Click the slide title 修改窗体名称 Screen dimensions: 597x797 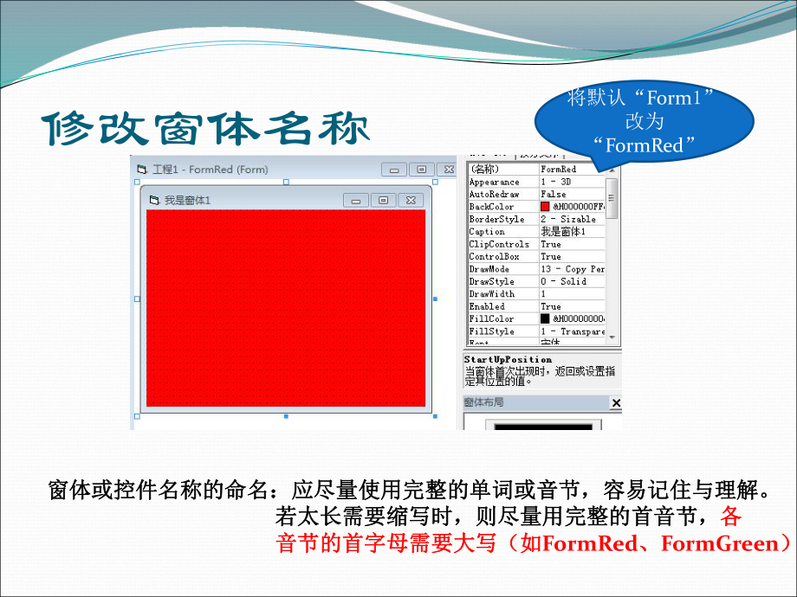[x=206, y=129]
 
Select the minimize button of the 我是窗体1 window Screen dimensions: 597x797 [x=355, y=200]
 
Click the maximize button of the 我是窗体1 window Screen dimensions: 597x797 [x=383, y=200]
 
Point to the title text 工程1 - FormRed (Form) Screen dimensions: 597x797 [x=210, y=170]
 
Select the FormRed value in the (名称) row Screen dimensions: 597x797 [x=558, y=170]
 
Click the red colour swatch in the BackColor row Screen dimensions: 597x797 [x=545, y=207]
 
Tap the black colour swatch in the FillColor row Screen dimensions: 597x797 [x=545, y=319]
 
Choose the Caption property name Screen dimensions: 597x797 [x=487, y=232]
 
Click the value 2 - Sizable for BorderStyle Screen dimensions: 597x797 [x=569, y=220]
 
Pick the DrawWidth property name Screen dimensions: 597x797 [x=492, y=294]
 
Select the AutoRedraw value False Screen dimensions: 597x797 [x=554, y=195]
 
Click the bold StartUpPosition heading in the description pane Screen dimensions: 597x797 [x=508, y=359]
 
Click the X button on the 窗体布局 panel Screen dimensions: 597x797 [x=616, y=403]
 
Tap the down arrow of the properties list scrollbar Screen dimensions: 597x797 [x=612, y=337]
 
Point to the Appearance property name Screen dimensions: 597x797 [x=494, y=183]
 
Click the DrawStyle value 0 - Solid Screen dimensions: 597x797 [x=563, y=282]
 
